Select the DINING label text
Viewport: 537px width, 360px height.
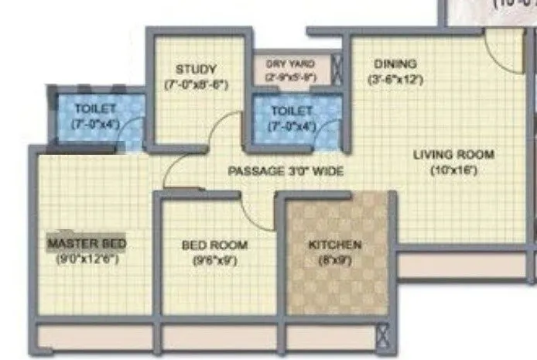point(395,63)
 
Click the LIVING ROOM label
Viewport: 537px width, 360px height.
point(453,154)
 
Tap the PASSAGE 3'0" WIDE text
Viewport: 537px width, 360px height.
point(286,171)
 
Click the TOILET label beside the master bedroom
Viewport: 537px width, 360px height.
point(95,109)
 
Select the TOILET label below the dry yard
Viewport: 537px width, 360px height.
point(291,112)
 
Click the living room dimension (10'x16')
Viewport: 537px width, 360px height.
point(452,170)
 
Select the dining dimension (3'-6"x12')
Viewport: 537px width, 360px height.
point(395,78)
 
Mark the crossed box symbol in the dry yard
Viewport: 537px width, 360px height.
point(337,67)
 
